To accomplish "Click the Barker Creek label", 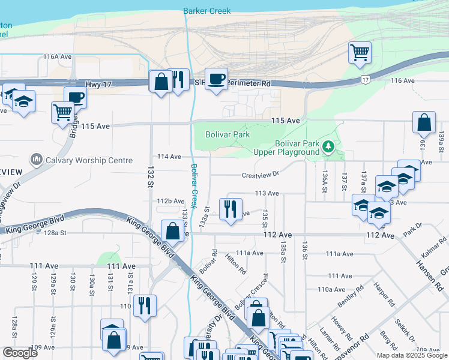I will tap(206, 11).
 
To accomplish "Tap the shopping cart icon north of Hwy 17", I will tap(359, 52).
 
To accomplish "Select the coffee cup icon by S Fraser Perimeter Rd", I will tap(216, 79).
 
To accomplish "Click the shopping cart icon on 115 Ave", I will tap(62, 112).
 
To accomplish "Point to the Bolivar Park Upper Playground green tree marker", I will tap(328, 146).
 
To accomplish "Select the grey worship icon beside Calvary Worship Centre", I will tap(37, 160).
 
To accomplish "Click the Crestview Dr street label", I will tap(261, 175).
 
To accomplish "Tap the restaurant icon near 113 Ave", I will tap(231, 209).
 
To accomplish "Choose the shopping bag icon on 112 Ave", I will tap(172, 231).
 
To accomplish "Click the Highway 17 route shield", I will tap(365, 79).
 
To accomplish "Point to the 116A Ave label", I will tap(58, 56).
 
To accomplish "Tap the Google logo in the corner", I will tap(20, 352).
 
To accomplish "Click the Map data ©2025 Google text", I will tap(411, 355).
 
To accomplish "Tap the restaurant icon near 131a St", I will tap(145, 305).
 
